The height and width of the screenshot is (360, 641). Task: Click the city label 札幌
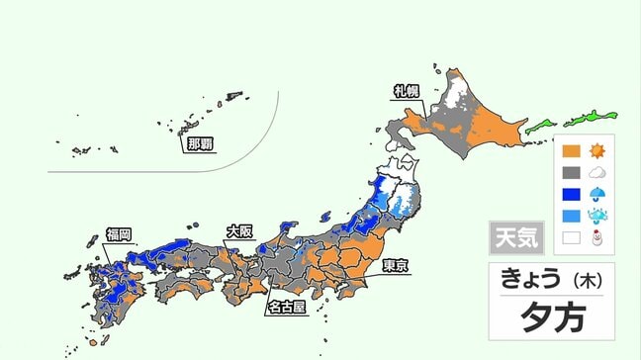[408, 91]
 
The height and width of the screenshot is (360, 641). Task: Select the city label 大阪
[239, 231]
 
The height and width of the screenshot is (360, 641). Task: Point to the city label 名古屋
[286, 308]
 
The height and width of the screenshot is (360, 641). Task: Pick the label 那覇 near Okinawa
[199, 143]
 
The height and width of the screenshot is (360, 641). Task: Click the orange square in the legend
[571, 152]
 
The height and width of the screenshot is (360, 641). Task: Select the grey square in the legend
[571, 173]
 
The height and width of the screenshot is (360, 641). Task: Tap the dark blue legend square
[571, 194]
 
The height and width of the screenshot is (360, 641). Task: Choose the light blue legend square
[571, 216]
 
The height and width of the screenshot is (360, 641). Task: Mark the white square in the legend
[571, 237]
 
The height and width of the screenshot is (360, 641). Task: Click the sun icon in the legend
[597, 152]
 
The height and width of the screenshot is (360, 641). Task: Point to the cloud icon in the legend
[597, 173]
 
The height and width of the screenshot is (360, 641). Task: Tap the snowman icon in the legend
[597, 237]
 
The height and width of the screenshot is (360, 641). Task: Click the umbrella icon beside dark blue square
[597, 194]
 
